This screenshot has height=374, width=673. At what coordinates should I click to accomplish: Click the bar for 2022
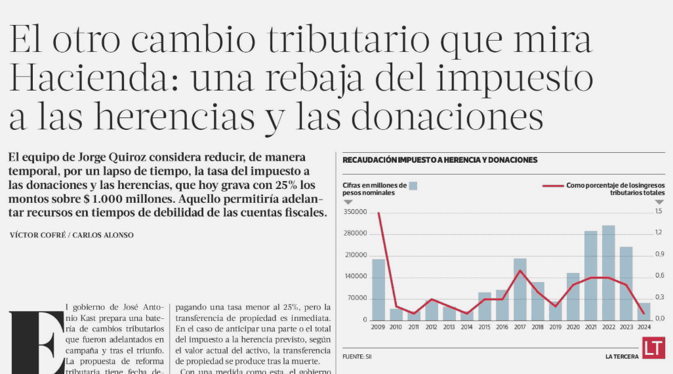[609, 272]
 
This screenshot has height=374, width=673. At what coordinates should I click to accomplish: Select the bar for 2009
[378, 289]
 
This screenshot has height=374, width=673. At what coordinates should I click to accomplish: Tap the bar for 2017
[520, 289]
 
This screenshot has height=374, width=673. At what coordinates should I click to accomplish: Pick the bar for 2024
[645, 311]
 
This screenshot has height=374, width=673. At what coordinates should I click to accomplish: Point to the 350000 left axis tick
[355, 213]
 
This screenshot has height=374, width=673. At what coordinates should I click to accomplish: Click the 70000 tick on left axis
[357, 298]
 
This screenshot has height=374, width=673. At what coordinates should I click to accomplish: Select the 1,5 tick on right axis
[659, 211]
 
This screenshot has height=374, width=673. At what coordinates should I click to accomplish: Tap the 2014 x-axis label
[467, 327]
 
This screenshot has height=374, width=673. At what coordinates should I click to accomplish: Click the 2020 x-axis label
[573, 327]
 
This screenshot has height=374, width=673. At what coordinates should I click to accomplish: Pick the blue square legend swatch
[413, 186]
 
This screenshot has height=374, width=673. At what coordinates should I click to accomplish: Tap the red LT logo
[653, 348]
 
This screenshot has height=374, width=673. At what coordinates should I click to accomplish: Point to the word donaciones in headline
[453, 117]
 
